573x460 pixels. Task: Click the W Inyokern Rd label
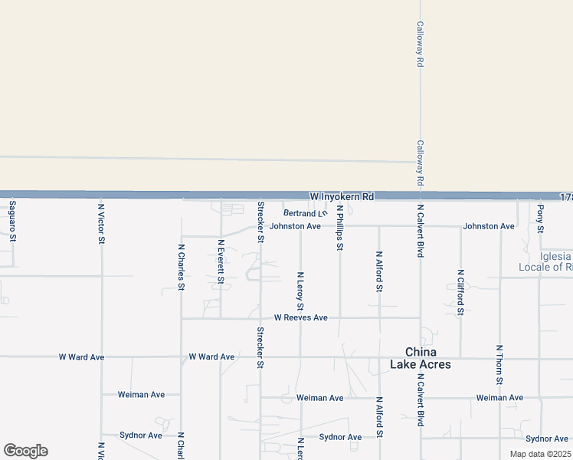(342, 197)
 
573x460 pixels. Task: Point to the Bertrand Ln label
(305, 213)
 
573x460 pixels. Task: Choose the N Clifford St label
(460, 292)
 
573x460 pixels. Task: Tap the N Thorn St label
(499, 364)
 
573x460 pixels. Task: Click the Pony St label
(540, 219)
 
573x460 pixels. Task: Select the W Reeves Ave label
(301, 317)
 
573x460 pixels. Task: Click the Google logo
(25, 451)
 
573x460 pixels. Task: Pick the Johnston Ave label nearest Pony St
(489, 226)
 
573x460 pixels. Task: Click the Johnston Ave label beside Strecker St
(295, 226)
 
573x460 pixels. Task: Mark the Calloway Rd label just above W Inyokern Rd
(420, 163)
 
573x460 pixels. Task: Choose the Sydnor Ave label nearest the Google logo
(141, 435)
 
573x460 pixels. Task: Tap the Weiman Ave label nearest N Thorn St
(499, 398)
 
